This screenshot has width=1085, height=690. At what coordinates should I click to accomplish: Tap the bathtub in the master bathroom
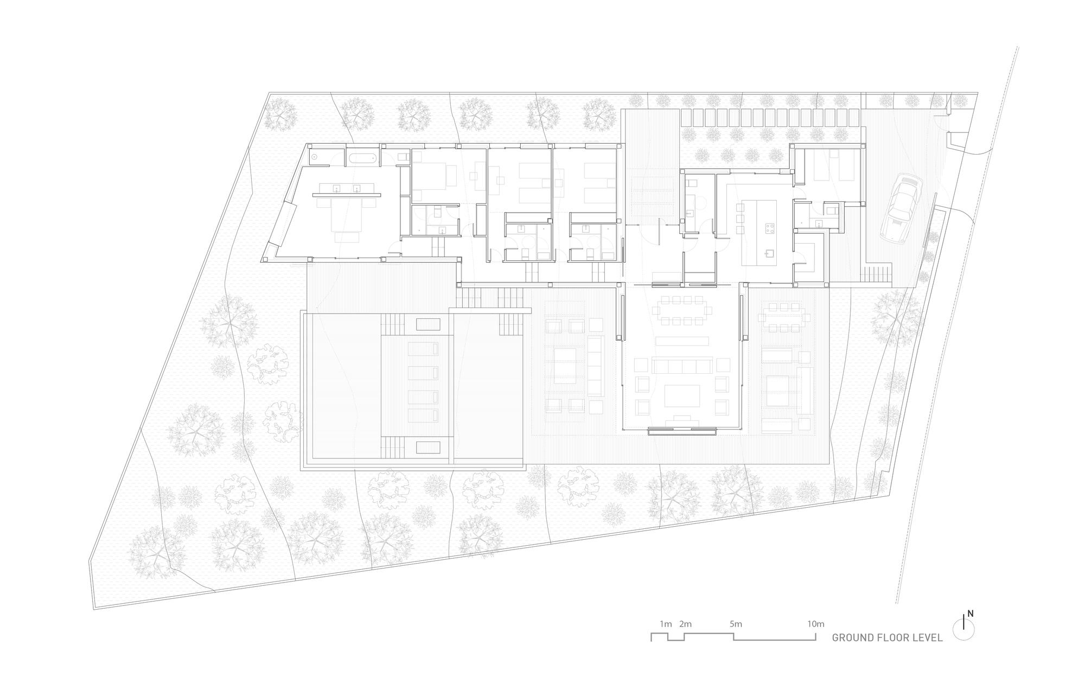click(361, 158)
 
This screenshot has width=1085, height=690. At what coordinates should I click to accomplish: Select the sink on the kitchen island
click(769, 252)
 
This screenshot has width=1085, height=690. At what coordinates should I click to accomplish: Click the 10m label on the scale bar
click(815, 624)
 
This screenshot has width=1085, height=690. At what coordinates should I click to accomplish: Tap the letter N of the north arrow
click(971, 614)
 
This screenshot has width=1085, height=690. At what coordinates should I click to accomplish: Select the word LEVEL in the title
click(927, 638)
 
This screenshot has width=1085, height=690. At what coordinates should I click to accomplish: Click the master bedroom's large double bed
click(347, 217)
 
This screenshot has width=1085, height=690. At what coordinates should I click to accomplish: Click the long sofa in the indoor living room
click(682, 366)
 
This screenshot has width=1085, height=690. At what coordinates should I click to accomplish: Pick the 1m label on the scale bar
click(666, 624)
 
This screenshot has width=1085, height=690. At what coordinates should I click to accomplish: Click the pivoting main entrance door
click(658, 231)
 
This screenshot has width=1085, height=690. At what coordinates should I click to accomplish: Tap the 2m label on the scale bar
click(685, 624)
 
